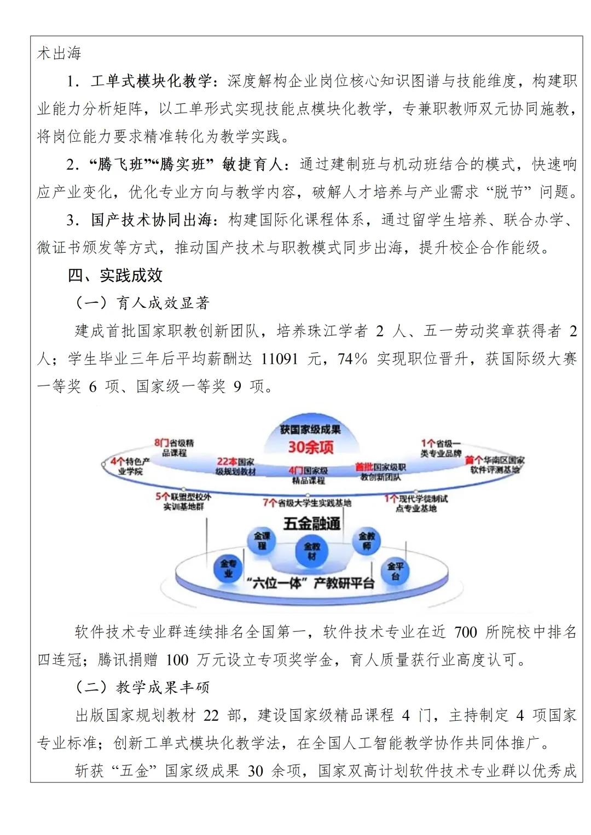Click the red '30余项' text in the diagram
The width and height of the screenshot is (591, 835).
311,447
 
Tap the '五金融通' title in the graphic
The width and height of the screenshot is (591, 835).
311,523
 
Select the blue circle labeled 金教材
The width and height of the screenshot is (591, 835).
312,551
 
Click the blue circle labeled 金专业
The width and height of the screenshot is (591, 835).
228,568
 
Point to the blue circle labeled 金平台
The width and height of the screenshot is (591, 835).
395,571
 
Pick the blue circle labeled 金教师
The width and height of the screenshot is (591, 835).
367,541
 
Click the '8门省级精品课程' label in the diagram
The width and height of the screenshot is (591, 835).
174,448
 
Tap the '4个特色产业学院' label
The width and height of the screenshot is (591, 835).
130,466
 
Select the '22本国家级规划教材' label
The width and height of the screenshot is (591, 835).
236,466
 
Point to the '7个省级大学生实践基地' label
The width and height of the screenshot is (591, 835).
307,503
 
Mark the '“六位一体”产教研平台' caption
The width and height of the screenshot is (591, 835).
310,583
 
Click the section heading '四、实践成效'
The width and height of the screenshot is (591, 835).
115,275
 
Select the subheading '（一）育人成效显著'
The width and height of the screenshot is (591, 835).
142,303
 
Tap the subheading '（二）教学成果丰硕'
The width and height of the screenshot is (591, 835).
142,687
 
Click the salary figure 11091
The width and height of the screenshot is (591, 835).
280,359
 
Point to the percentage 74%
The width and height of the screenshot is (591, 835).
352,359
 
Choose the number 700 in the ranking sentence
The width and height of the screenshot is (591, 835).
466,632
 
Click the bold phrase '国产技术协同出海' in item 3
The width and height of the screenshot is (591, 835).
151,220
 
